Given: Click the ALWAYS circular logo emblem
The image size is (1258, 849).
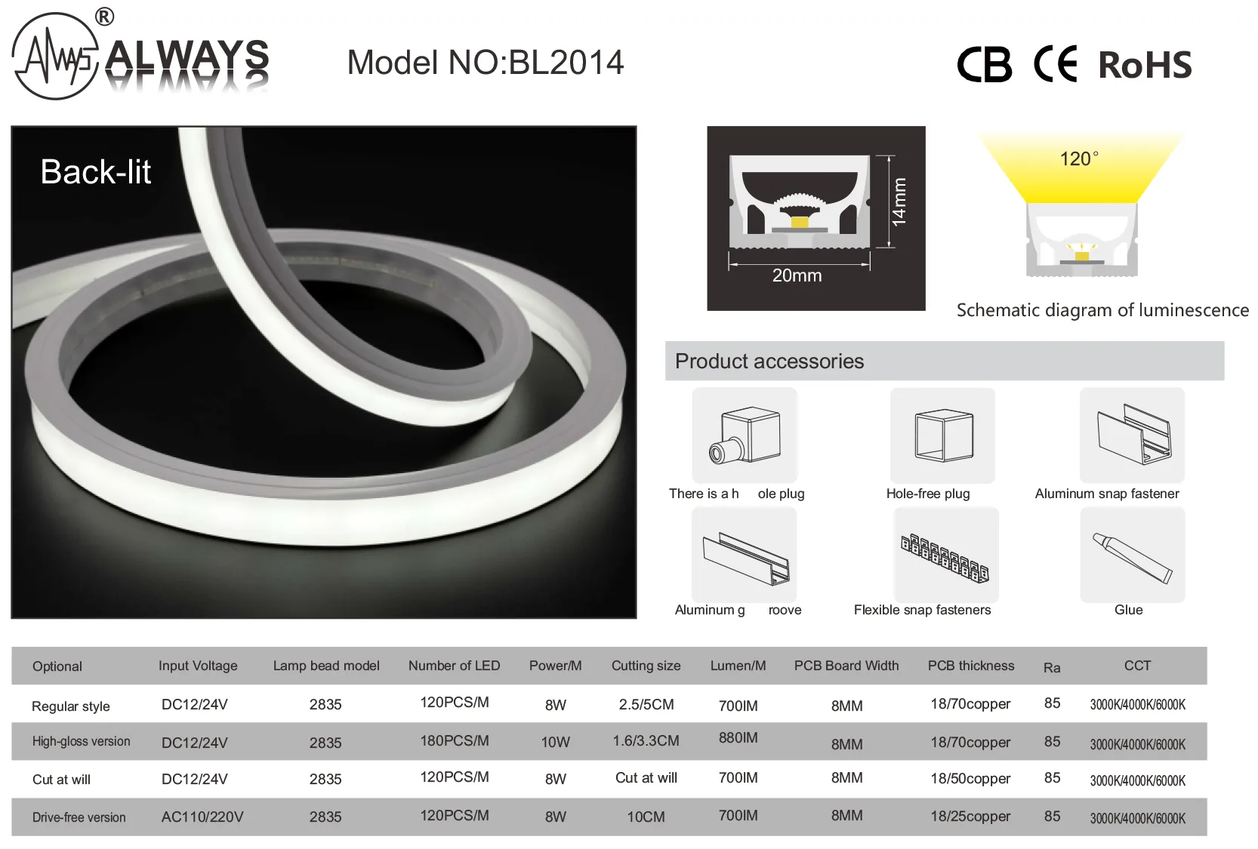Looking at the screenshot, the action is click(x=55, y=56).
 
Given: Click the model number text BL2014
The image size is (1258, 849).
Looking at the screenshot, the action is click(x=566, y=63).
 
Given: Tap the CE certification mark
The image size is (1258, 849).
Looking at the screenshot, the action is click(x=1056, y=63).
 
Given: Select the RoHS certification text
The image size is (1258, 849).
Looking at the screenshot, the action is click(x=1145, y=65).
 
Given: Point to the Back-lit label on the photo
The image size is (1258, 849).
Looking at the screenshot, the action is click(x=95, y=172).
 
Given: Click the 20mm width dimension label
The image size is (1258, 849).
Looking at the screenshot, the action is click(x=797, y=275).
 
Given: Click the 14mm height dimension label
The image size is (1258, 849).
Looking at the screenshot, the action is click(x=899, y=202).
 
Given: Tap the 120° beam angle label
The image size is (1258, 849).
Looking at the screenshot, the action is click(x=1079, y=158).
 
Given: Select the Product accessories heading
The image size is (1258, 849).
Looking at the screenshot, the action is click(x=769, y=361).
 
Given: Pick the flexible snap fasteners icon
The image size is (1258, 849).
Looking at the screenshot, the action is click(x=945, y=558).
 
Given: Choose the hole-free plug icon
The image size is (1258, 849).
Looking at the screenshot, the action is click(x=944, y=436).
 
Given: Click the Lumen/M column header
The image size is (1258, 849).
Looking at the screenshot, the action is click(x=738, y=666).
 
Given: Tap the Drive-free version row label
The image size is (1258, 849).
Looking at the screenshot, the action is click(x=79, y=817).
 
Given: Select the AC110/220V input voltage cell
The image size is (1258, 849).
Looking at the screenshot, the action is click(x=202, y=817).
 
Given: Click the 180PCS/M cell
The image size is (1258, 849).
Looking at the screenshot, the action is click(x=455, y=740).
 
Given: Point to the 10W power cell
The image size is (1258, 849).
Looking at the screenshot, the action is click(x=556, y=743).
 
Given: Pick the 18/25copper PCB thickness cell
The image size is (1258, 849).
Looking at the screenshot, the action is click(x=970, y=817).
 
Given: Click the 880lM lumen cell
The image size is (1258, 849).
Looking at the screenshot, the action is click(x=738, y=738).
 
